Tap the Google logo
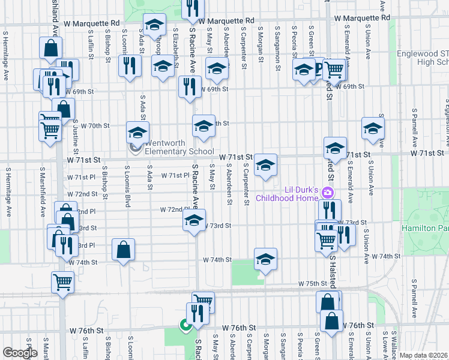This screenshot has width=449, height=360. click(20, 353)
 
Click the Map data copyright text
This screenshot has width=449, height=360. click(423, 355)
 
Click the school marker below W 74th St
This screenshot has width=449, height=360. click(265, 259)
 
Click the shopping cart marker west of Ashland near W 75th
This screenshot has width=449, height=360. click(62, 281)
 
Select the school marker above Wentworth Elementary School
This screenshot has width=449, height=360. click(137, 132)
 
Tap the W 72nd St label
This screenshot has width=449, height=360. click(83, 194)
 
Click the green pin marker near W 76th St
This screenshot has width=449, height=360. click(185, 326)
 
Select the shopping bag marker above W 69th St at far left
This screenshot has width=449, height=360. click(50, 47)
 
